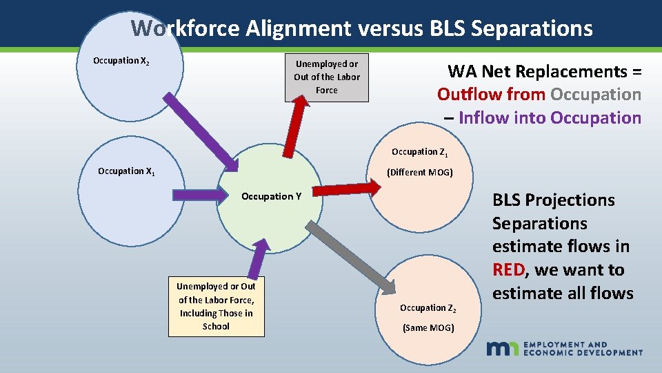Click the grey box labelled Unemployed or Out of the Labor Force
[x=327, y=77]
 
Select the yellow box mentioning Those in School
[x=216, y=306]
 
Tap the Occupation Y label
[x=271, y=196]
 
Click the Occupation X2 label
[x=121, y=61]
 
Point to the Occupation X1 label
[x=126, y=171]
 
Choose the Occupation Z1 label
[x=419, y=152]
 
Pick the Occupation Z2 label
[x=428, y=308]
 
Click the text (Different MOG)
[x=419, y=172]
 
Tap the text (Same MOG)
[x=428, y=327]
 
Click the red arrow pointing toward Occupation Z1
[x=348, y=189]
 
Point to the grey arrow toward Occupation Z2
[x=348, y=255]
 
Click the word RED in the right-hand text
[x=510, y=269]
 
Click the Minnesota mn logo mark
[x=503, y=348]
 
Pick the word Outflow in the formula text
[x=467, y=94]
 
